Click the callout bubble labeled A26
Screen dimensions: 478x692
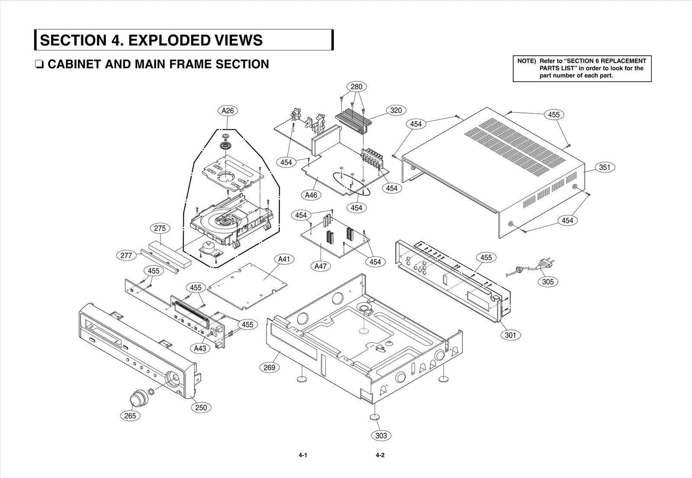(x=227, y=111)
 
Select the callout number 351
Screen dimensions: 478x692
(x=605, y=167)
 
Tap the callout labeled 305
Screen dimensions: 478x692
(x=548, y=282)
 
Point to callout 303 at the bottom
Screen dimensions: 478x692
(x=381, y=436)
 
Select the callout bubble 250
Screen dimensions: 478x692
(x=201, y=407)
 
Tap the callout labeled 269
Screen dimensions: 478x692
(x=269, y=368)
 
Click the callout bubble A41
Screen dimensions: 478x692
(x=284, y=259)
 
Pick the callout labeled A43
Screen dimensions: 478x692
(x=200, y=348)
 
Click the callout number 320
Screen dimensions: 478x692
(x=396, y=110)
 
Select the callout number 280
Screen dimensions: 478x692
(x=356, y=87)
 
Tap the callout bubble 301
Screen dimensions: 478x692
(x=510, y=335)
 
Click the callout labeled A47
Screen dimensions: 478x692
(x=320, y=266)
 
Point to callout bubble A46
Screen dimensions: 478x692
(x=311, y=195)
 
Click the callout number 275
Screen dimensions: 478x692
(x=160, y=228)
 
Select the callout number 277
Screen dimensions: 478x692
(x=126, y=256)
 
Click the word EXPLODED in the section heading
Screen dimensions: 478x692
(x=169, y=40)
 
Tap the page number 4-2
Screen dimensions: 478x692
(x=380, y=456)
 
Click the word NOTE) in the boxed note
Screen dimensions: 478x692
(x=526, y=61)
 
